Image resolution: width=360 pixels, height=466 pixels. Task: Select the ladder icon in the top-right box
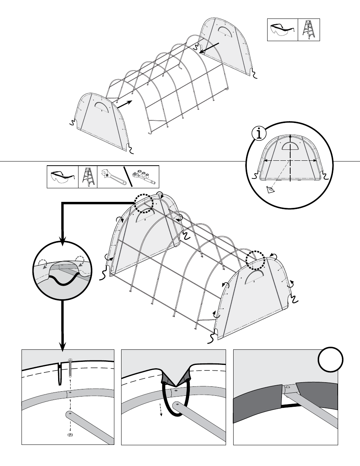point(309,30)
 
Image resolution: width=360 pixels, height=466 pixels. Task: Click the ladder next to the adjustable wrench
point(88,177)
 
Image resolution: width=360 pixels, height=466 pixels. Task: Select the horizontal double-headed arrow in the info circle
point(290,160)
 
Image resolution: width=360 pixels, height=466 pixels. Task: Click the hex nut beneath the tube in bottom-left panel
point(69,435)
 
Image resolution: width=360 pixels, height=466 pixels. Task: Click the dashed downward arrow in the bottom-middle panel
point(161,409)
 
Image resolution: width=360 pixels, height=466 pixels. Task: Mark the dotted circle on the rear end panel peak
point(144,204)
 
